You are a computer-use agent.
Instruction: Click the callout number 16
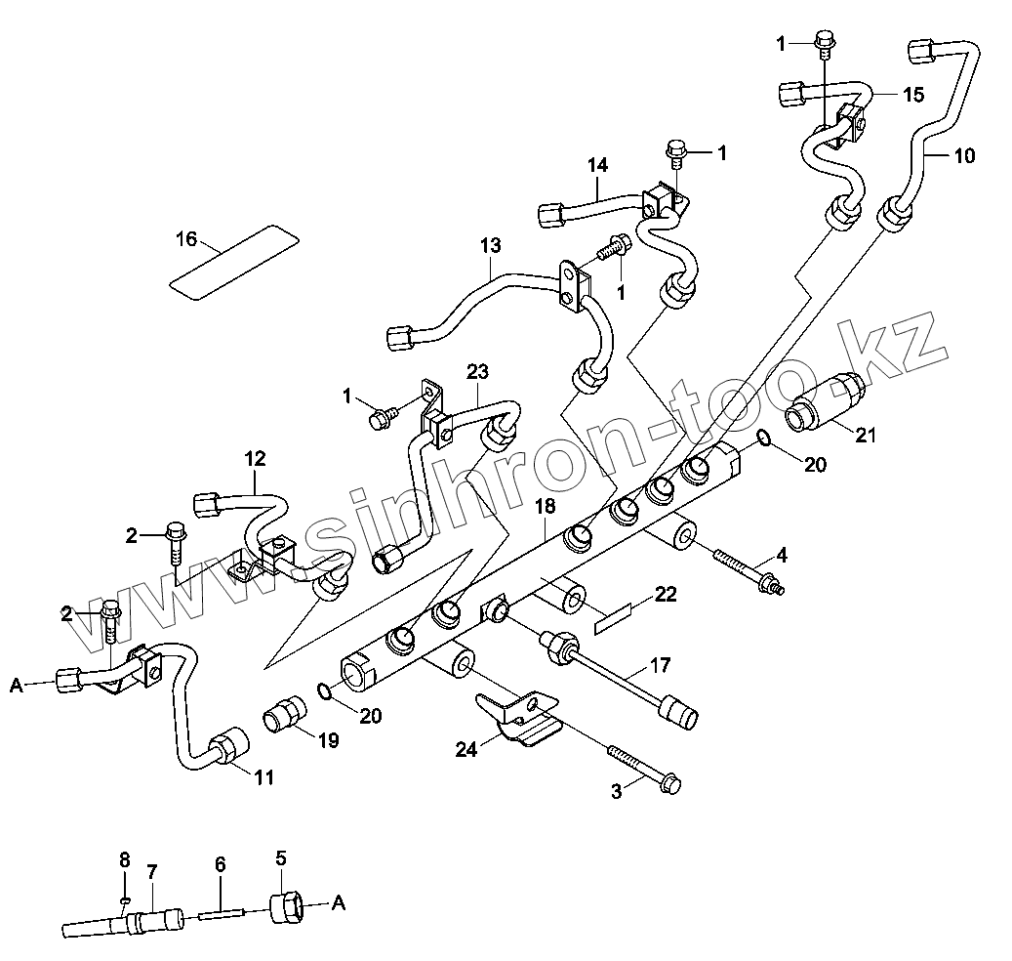coord(186,238)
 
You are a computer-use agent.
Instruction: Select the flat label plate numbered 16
coord(232,258)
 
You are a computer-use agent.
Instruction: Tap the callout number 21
coord(865,436)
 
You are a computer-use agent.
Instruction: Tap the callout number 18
coord(545,505)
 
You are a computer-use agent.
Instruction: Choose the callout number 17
coord(661,667)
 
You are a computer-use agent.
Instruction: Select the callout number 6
coord(221,864)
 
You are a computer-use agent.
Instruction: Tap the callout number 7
coord(151,871)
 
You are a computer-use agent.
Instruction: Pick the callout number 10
coord(963,155)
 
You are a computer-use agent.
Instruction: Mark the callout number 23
coord(477,372)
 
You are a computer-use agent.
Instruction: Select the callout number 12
coord(255,456)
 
